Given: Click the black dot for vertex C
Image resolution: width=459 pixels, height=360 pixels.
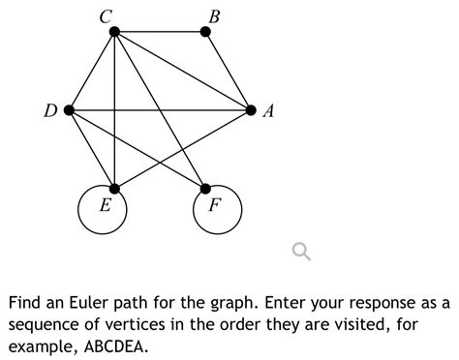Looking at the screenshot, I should click(x=114, y=32).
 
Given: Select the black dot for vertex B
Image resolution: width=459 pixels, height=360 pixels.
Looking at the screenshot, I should click(x=205, y=32).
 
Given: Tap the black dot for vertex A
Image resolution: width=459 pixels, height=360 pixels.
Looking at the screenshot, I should click(x=252, y=110).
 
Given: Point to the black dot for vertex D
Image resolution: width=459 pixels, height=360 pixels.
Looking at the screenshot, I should click(x=69, y=110).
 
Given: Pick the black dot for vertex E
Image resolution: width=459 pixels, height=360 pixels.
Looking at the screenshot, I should click(x=114, y=188).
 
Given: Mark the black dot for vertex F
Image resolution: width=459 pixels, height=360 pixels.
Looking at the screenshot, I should click(x=205, y=188).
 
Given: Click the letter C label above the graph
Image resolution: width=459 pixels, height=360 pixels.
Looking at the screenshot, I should click(x=105, y=15).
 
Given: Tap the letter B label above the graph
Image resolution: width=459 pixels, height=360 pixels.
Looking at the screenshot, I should click(x=214, y=15).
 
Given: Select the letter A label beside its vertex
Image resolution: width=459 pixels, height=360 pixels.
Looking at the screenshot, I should click(x=268, y=112).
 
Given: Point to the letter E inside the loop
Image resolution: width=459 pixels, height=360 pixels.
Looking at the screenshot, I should click(x=104, y=206).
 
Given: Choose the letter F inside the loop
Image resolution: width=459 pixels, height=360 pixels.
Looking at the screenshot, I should click(x=214, y=206).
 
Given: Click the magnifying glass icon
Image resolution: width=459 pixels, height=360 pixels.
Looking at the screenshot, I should click(x=302, y=253).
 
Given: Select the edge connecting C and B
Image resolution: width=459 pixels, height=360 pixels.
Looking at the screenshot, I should click(x=160, y=32).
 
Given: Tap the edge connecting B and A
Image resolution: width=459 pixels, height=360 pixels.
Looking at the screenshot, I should click(x=229, y=71).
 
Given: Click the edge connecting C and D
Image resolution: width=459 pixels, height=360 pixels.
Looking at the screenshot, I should click(x=91, y=72).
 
